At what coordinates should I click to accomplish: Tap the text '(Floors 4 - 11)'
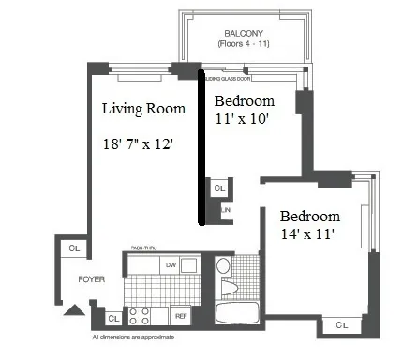(216, 44)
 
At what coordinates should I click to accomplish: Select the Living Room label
(144, 109)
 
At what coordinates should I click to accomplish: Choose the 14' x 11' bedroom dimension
(307, 231)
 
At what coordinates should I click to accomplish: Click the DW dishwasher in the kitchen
(171, 265)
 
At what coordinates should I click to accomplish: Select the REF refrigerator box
(181, 317)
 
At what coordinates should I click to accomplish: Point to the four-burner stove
(139, 315)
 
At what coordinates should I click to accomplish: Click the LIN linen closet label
(226, 212)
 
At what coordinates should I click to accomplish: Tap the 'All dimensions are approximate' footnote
(132, 337)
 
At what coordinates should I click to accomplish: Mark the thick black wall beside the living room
(201, 150)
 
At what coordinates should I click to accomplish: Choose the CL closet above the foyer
(74, 248)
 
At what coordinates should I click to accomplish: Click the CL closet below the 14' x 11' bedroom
(342, 324)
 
